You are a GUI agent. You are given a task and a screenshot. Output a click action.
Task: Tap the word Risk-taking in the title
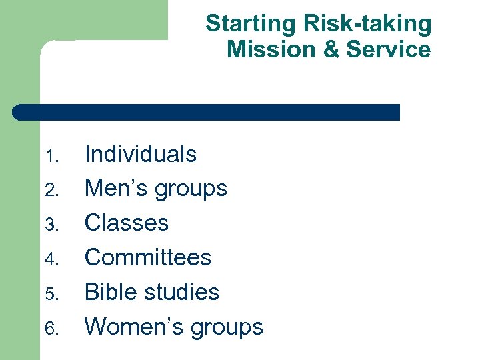(367, 25)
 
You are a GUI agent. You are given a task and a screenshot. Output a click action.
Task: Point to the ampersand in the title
(332, 49)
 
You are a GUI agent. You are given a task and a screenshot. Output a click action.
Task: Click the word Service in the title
(389, 49)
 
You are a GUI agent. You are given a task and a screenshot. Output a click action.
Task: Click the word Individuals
(141, 155)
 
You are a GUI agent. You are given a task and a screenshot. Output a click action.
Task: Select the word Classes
(127, 223)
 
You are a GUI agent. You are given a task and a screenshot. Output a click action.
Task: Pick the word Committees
(148, 257)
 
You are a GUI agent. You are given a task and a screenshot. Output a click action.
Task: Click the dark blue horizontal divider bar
(207, 112)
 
